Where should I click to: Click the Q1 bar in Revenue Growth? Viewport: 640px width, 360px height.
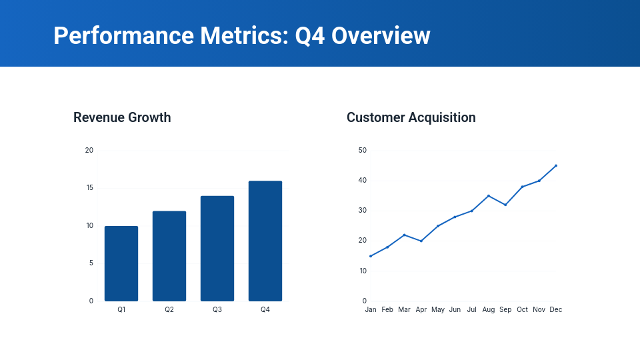coord(121,264)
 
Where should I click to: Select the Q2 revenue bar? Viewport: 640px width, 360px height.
coord(169,257)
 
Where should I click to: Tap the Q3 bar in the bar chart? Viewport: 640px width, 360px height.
coord(217,249)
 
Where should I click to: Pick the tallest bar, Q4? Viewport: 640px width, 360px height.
coord(265,241)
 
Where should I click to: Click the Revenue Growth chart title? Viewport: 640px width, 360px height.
coord(122,117)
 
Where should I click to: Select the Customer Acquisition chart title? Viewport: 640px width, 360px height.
coord(411,117)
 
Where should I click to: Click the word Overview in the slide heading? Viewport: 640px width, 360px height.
coord(381,35)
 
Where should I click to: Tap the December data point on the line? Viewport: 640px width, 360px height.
coord(556,165)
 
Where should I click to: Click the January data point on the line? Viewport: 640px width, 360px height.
coord(371,256)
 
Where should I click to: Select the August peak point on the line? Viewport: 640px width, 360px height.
coord(489,196)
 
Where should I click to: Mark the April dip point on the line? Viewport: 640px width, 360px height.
coord(421,241)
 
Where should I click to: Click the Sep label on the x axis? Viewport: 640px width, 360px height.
coord(505,309)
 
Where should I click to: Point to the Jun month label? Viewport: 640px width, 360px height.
coord(455,309)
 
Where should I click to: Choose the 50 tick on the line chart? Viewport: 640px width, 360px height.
coord(362,150)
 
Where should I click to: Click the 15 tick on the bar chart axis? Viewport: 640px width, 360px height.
coord(89,188)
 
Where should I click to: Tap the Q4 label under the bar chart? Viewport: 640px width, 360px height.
coord(265,309)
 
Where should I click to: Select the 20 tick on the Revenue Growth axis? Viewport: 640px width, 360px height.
coord(89,150)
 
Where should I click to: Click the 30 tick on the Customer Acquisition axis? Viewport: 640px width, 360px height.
coord(362,211)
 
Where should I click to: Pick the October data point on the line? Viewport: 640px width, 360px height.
coord(522,187)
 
